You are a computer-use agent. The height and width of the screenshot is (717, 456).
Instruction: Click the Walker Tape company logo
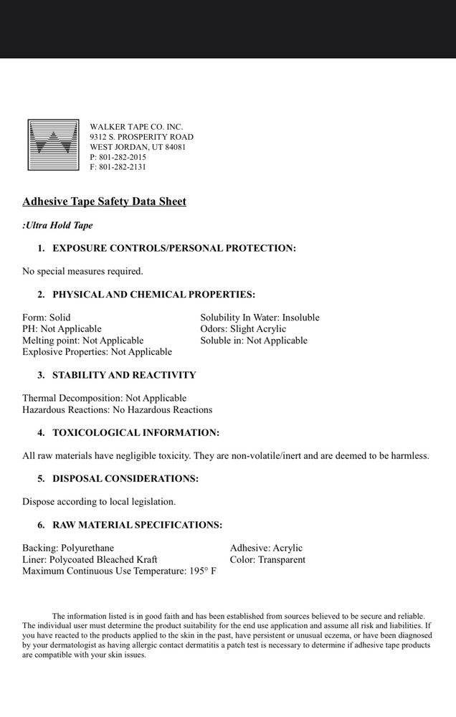[x=52, y=146]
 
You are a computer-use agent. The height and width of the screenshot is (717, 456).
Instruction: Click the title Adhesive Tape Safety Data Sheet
[x=104, y=201]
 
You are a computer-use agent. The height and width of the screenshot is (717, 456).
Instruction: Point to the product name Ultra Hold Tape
[x=59, y=225]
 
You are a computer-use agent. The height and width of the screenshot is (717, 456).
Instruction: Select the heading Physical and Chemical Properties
[x=153, y=294]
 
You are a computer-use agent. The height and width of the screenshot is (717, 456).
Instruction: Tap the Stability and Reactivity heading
[x=124, y=375]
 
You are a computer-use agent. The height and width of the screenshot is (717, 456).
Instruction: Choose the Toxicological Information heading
[x=136, y=432]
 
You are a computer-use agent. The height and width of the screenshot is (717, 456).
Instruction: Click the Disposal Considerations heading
[x=125, y=478]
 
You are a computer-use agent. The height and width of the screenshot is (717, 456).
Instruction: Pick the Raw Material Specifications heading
[x=137, y=525]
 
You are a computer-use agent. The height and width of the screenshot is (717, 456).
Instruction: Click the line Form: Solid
[x=47, y=317]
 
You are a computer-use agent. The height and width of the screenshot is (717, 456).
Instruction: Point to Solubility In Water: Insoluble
[x=260, y=317]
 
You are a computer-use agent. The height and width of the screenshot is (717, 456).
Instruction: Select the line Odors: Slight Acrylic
[x=244, y=328]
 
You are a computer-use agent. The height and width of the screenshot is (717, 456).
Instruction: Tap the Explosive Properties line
[x=97, y=351]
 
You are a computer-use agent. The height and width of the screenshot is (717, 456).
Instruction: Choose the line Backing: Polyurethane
[x=69, y=548]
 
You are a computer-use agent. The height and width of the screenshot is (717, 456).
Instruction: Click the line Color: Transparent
[x=267, y=559]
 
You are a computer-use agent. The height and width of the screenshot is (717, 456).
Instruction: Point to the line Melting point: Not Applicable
[x=82, y=340]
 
